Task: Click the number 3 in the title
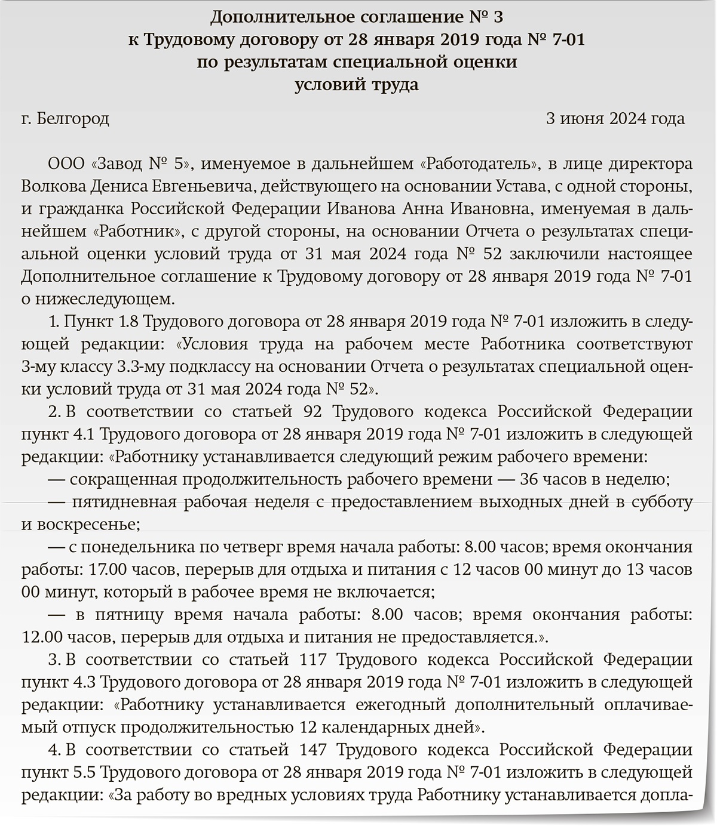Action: click(x=505, y=17)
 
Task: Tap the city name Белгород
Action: click(x=73, y=119)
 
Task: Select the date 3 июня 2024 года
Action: click(x=615, y=119)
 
